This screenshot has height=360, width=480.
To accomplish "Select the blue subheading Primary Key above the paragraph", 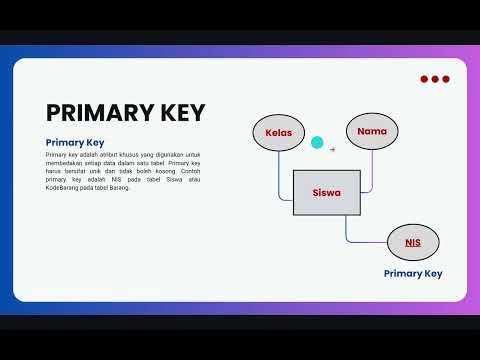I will point(75,142).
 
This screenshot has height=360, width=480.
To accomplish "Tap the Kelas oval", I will point(277,133).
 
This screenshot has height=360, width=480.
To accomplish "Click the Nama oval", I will point(372,132).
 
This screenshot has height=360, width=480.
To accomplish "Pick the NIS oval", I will point(413,242).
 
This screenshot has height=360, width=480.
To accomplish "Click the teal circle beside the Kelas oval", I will point(317,143).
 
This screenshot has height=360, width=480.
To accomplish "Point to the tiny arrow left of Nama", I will point(332,149).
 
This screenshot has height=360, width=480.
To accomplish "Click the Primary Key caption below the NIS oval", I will point(413,273).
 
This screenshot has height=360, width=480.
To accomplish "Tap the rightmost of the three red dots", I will point(445,79).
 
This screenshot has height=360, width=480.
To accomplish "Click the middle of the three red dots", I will point(435,79).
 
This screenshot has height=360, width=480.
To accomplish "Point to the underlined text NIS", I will point(413,243).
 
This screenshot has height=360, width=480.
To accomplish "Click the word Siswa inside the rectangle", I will point(326,193).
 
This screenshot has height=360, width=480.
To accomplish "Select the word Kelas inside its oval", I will point(277,133).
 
